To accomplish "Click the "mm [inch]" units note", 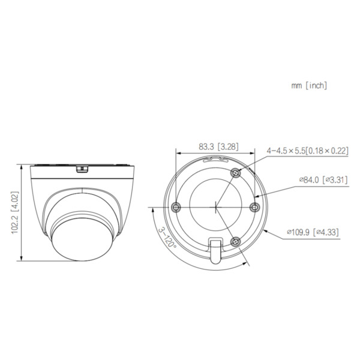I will coord(309,86).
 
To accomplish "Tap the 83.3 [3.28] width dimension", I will coord(211,146).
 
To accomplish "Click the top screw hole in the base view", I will coord(235,173).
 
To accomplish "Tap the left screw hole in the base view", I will coord(176,207).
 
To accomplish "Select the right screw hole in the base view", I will coord(254,207).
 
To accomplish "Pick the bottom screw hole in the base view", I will coord(235,241).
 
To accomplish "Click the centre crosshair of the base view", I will coord(215,207).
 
